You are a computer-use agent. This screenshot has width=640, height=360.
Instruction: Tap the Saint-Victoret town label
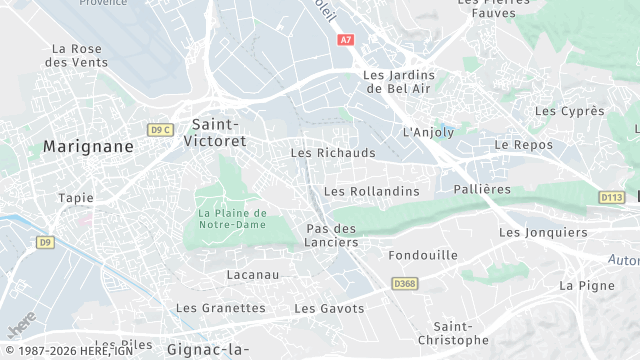pos(214,133)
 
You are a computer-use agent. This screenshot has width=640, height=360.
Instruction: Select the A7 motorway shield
pos(346,40)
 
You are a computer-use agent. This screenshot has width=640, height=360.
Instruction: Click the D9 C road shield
pos(160,130)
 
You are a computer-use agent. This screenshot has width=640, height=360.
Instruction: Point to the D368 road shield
pos(405,284)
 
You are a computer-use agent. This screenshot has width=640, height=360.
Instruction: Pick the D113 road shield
pos(612,197)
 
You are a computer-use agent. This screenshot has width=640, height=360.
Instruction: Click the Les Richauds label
pos(333,153)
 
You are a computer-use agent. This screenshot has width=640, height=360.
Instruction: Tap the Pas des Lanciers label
pos(331,236)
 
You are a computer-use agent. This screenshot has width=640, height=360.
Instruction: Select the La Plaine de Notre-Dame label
pos(232,219)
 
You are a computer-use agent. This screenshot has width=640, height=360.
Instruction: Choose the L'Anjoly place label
pos(427,132)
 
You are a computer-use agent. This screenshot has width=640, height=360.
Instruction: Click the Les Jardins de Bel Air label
pos(397,81)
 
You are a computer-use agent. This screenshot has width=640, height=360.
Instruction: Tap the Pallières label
pos(482,189)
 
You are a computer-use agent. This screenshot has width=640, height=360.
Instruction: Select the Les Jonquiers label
pos(543,233)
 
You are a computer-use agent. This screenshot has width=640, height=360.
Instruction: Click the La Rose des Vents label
pos(76,55)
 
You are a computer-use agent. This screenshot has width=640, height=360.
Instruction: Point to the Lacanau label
pos(253,274)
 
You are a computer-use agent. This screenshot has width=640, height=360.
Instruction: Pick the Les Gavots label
pos(329,309)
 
